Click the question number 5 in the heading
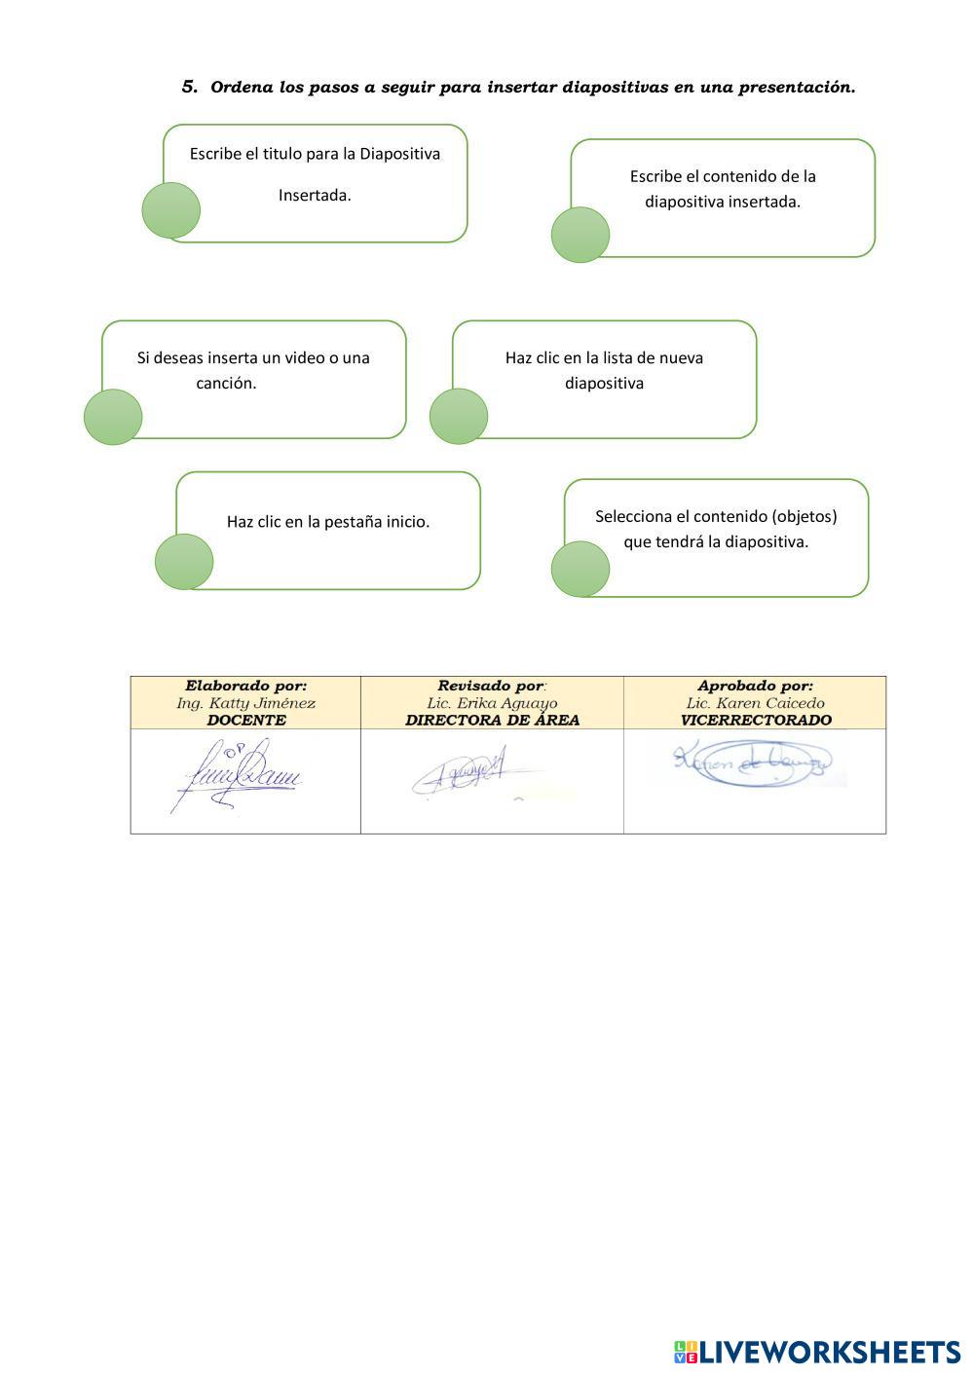[189, 87]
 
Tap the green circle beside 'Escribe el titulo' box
[171, 210]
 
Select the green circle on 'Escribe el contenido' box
[580, 235]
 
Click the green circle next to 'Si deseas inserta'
[113, 417]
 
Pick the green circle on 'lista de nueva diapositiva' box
[459, 416]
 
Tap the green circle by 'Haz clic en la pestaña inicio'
[184, 562]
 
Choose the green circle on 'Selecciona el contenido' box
[580, 569]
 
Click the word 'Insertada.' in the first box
[315, 195]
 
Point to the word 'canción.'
[226, 383]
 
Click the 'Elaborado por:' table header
[245, 686]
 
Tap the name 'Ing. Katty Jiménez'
[245, 703]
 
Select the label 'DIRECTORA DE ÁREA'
[492, 721]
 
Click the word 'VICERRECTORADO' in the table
[756, 721]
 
